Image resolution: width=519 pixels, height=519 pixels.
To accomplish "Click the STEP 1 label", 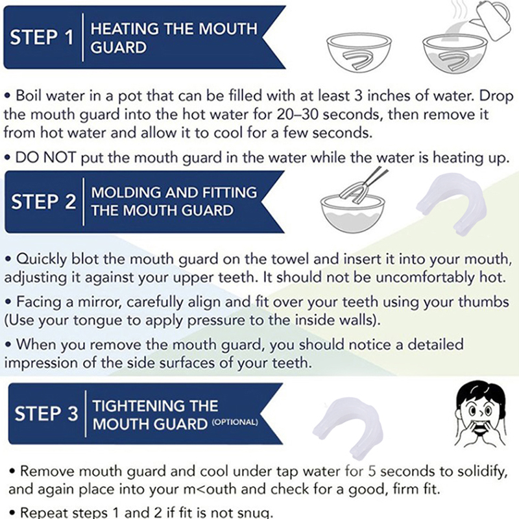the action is pyautogui.click(x=42, y=37).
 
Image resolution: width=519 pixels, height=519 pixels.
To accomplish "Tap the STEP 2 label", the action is pyautogui.click(x=43, y=201).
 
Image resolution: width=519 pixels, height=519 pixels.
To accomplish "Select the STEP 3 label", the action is pyautogui.click(x=46, y=414).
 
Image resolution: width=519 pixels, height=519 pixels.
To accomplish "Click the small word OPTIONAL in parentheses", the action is pyautogui.click(x=235, y=422).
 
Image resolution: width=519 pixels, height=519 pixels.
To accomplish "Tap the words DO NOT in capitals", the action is pyautogui.click(x=45, y=158).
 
